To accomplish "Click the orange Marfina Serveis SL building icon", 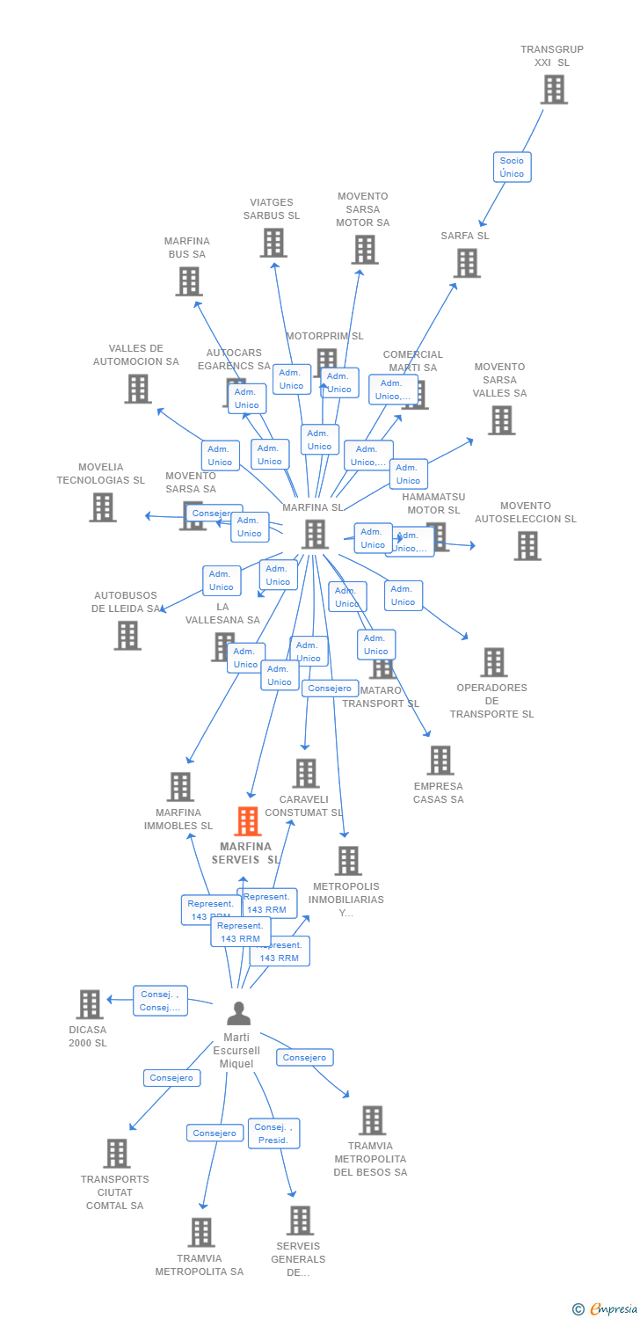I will (x=248, y=821).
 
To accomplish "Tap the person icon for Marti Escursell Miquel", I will (x=238, y=1014).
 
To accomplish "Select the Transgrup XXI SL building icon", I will (x=554, y=90).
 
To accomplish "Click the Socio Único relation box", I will (x=512, y=167).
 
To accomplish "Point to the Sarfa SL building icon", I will (x=467, y=263).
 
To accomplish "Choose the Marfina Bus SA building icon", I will (x=188, y=281).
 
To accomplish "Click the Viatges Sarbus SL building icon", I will (x=273, y=243).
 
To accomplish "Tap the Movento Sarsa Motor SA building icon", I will (x=364, y=250).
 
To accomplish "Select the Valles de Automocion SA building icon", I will (x=137, y=389).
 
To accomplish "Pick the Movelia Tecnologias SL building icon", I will (x=103, y=507).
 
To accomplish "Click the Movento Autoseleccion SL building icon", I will (x=527, y=546).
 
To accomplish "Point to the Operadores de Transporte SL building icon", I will (x=494, y=662).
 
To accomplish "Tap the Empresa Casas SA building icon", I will (x=440, y=761).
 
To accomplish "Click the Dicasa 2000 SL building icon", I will (x=90, y=1004).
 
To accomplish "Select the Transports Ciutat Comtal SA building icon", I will (x=116, y=1154).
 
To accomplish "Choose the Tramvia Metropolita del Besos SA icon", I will (x=373, y=1120).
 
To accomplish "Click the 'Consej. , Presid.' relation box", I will (x=275, y=1133).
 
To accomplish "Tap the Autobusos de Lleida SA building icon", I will (x=127, y=635).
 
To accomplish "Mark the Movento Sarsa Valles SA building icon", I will (x=501, y=420).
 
